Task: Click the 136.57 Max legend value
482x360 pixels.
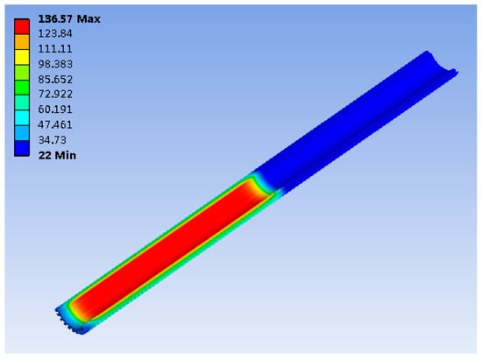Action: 69,19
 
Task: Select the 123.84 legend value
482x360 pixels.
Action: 55,33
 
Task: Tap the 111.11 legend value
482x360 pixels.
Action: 55,49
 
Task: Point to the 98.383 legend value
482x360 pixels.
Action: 55,64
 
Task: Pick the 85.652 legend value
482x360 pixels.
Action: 55,80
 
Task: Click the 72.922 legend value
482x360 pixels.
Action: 55,94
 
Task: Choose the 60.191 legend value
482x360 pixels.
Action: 55,109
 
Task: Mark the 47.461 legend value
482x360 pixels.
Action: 55,124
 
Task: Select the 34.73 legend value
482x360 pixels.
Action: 53,140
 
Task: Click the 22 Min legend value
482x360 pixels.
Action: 57,155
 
